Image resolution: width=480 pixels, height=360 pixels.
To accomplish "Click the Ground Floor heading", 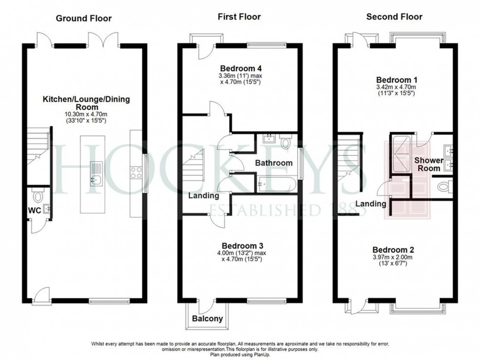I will click(x=83, y=19).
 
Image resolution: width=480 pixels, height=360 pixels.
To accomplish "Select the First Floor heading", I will click(x=239, y=17).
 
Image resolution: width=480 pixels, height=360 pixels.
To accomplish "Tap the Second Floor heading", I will click(x=394, y=17).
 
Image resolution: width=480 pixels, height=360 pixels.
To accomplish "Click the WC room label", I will click(x=33, y=211).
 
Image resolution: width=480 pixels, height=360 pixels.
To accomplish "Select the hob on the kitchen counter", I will click(x=136, y=172).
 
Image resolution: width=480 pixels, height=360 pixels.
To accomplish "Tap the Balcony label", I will click(x=206, y=319).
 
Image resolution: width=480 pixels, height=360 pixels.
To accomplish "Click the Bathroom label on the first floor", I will click(x=273, y=163).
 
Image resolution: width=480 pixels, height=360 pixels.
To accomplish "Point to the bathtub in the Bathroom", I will click(x=276, y=184).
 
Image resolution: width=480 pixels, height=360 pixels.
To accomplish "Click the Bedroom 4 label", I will click(x=240, y=68).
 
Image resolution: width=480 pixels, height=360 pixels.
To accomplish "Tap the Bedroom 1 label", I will click(x=395, y=80).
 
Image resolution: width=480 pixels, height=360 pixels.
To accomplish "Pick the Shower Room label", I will click(x=429, y=165).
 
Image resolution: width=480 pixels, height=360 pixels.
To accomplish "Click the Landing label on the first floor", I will click(x=204, y=195).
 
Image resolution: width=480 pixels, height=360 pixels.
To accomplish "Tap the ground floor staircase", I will click(x=38, y=146).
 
